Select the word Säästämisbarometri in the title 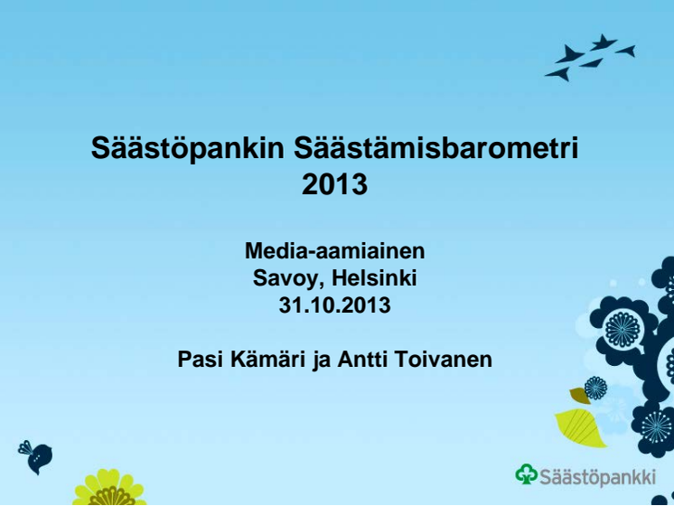[436, 148]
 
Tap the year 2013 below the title [335, 184]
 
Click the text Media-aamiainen [335, 250]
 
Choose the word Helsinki [374, 277]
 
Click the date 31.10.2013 [335, 305]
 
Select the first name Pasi [201, 360]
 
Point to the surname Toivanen [444, 360]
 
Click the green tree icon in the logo [527, 474]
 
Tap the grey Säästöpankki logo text [598, 476]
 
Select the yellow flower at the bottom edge [109, 488]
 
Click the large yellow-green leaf [580, 427]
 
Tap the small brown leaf [579, 395]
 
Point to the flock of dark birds [590, 57]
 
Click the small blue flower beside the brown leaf [595, 388]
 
